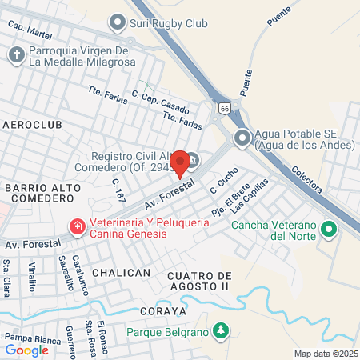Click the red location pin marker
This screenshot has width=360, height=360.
181,162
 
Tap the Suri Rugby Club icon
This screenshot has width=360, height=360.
118,22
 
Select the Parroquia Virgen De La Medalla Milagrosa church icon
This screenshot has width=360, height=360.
15,54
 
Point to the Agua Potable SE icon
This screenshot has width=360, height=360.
242,139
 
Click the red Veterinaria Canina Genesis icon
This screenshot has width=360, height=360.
77,228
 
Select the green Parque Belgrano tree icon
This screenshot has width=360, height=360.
221,330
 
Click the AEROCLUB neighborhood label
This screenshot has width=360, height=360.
31,126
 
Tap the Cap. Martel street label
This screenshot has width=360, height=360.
29,29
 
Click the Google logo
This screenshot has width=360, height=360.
27,350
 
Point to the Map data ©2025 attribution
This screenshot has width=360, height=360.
324,353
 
